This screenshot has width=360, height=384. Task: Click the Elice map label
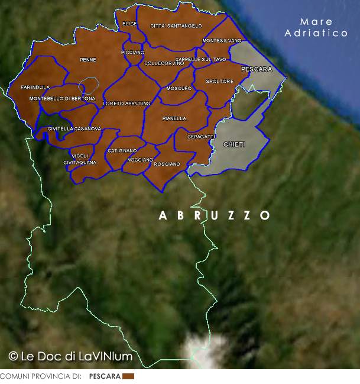coord(129,24)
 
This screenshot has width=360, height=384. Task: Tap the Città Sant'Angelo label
coord(176,26)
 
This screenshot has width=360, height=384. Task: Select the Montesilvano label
coord(222,40)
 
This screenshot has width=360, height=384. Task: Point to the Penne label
coord(87,60)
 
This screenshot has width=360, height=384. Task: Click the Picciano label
coord(132,52)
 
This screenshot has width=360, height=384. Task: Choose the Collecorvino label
coord(160,63)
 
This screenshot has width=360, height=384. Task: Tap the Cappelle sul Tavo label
coord(200,59)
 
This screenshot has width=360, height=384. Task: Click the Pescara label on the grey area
coord(257,69)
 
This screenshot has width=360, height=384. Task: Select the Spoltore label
coord(219,81)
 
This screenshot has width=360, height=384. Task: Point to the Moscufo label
coord(179,88)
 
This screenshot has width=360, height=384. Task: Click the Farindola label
coord(35,87)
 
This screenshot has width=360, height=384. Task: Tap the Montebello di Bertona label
coord(62,98)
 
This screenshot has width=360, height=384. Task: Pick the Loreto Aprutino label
coord(127,104)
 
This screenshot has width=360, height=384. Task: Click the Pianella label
coord(174,118)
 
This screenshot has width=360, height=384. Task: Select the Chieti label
coord(235,144)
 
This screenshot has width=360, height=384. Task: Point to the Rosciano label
coord(167,164)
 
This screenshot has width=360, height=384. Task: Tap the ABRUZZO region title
coord(215,215)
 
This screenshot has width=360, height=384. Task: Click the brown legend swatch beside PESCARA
coord(128,376)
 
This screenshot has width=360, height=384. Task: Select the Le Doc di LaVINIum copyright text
coord(70,356)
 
